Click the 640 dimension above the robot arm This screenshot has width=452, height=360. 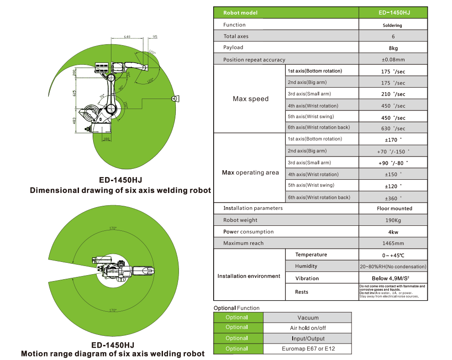point(127,37)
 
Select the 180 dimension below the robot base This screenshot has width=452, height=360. point(106,139)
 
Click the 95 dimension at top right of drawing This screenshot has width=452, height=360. point(155,37)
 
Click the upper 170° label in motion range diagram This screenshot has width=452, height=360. point(113,228)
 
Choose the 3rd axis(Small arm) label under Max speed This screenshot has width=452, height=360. point(309,94)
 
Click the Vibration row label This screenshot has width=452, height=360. point(307,278)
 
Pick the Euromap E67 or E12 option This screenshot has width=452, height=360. point(307,349)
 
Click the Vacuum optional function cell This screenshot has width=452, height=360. point(307,318)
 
